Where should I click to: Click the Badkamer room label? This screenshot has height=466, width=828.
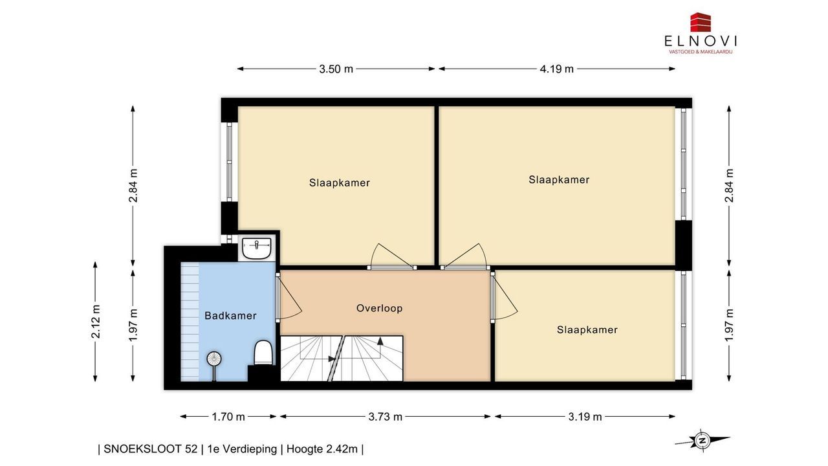[230, 315]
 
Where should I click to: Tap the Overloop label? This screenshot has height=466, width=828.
[379, 308]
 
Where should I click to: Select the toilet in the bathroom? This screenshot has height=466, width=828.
[263, 353]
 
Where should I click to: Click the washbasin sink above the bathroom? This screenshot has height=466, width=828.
[257, 248]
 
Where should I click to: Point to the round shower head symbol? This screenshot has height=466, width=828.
[214, 359]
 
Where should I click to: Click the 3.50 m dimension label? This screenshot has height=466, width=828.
[336, 69]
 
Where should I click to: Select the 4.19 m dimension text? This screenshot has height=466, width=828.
[556, 69]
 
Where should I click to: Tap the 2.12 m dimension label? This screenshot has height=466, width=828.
[96, 322]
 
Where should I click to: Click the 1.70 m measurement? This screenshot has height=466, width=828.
[228, 417]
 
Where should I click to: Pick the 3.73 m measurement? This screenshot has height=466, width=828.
[385, 417]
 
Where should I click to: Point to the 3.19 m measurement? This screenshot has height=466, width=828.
[585, 417]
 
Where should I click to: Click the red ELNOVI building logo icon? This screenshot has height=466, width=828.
[701, 22]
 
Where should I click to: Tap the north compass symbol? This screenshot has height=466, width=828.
[701, 441]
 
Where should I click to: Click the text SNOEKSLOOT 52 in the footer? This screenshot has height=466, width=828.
[151, 449]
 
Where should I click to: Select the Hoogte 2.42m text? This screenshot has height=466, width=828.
[322, 449]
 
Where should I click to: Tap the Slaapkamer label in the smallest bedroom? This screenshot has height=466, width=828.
[587, 329]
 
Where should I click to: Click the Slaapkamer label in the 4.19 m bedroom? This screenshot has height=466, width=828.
[559, 180]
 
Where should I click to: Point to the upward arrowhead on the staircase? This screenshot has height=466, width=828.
[380, 340]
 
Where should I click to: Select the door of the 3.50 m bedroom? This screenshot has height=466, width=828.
[392, 267]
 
